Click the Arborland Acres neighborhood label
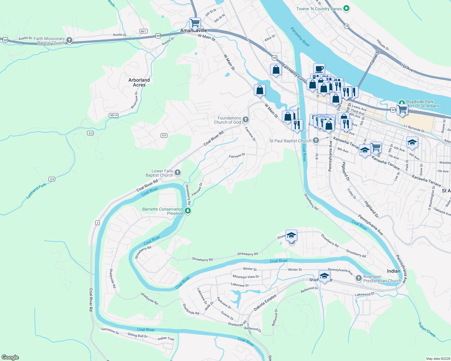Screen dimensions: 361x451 (139, 82)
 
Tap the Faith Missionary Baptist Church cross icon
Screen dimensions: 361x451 (69, 40)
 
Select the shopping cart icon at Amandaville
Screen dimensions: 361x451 (195, 23)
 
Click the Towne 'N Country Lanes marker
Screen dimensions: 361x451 (346, 9)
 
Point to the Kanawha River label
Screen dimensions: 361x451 (300, 37)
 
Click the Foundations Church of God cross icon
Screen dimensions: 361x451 (246, 120)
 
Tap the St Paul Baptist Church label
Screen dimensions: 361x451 (290, 141)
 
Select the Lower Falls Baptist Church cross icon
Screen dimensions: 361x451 (178, 173)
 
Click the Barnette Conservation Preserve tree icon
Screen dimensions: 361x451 (188, 211)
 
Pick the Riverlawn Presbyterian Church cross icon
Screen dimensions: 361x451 (358, 278)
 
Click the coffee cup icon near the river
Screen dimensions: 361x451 (319, 69)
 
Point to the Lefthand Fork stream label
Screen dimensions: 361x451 (36, 191)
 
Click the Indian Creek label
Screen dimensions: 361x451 (427, 330)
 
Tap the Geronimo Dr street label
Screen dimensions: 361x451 (110, 331)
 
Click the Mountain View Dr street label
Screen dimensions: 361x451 (246, 277)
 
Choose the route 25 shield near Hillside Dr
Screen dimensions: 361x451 (347, 26)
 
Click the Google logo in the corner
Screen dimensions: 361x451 (10, 357)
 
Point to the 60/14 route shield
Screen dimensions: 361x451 (114, 115)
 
